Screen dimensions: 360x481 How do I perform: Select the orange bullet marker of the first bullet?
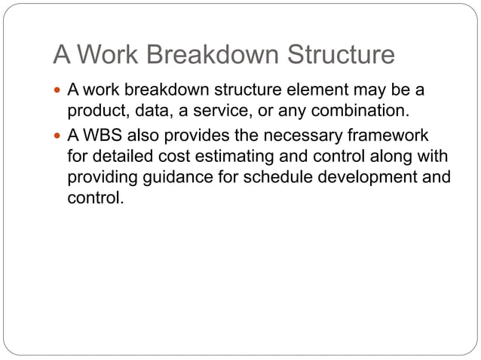click(x=60, y=91)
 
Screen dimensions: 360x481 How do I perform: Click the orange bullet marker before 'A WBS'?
click(x=60, y=136)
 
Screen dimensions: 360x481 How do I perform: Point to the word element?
click(x=314, y=90)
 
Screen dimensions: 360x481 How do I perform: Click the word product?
click(x=94, y=112)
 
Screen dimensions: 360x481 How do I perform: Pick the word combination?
click(x=360, y=112)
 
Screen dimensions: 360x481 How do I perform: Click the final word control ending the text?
click(x=93, y=200)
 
